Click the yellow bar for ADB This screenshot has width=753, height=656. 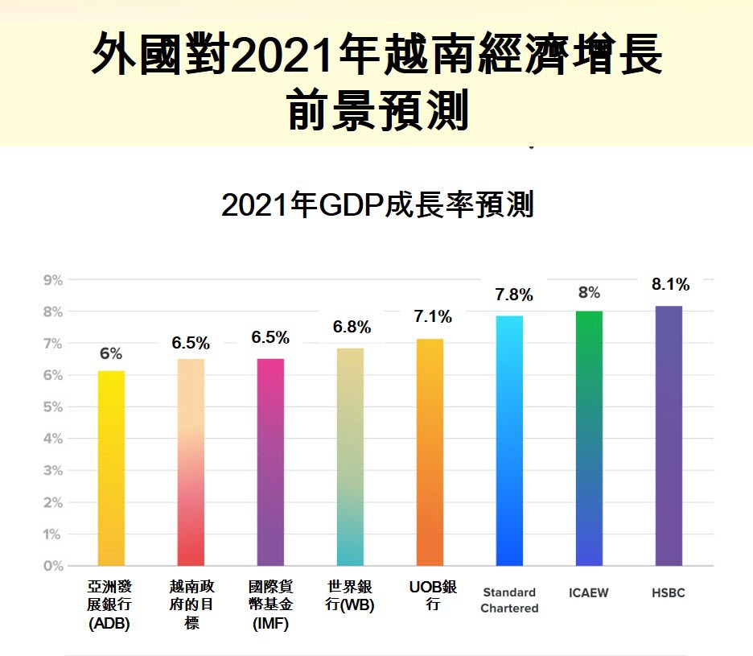(x=111, y=468)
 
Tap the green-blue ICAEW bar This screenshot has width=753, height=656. (x=589, y=438)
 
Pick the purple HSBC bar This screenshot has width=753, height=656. (x=669, y=435)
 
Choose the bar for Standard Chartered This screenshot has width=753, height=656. (x=509, y=440)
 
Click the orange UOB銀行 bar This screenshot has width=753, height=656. (x=430, y=452)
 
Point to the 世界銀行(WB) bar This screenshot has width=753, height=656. (x=350, y=456)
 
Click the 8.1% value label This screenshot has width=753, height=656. (x=670, y=284)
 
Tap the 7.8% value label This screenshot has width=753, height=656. (x=513, y=295)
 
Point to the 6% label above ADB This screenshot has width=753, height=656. (x=111, y=353)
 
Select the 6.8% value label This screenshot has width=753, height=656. (x=352, y=327)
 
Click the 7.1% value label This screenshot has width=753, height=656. (x=433, y=317)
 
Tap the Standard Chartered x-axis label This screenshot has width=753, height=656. (x=509, y=600)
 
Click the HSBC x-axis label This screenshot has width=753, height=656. (x=669, y=593)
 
